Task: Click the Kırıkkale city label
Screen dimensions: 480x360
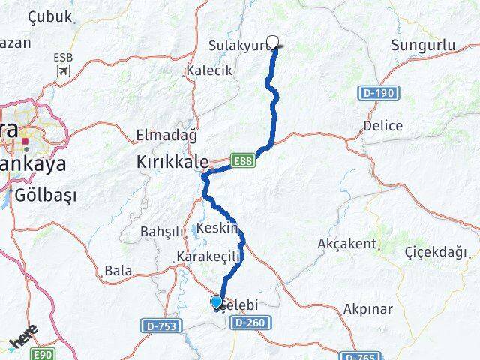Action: [172, 160]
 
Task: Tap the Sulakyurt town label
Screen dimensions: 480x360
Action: [237, 46]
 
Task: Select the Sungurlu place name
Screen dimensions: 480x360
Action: [423, 46]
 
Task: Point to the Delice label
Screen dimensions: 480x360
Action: [382, 125]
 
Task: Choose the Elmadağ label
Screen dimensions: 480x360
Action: [166, 136]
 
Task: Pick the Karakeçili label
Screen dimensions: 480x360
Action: [208, 257]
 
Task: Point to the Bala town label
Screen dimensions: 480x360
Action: [118, 269]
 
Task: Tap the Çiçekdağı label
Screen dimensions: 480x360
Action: [435, 250]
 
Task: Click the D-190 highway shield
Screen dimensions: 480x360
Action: [382, 93]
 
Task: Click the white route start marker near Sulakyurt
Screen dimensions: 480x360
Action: [273, 43]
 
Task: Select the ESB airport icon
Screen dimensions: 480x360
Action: [63, 70]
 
